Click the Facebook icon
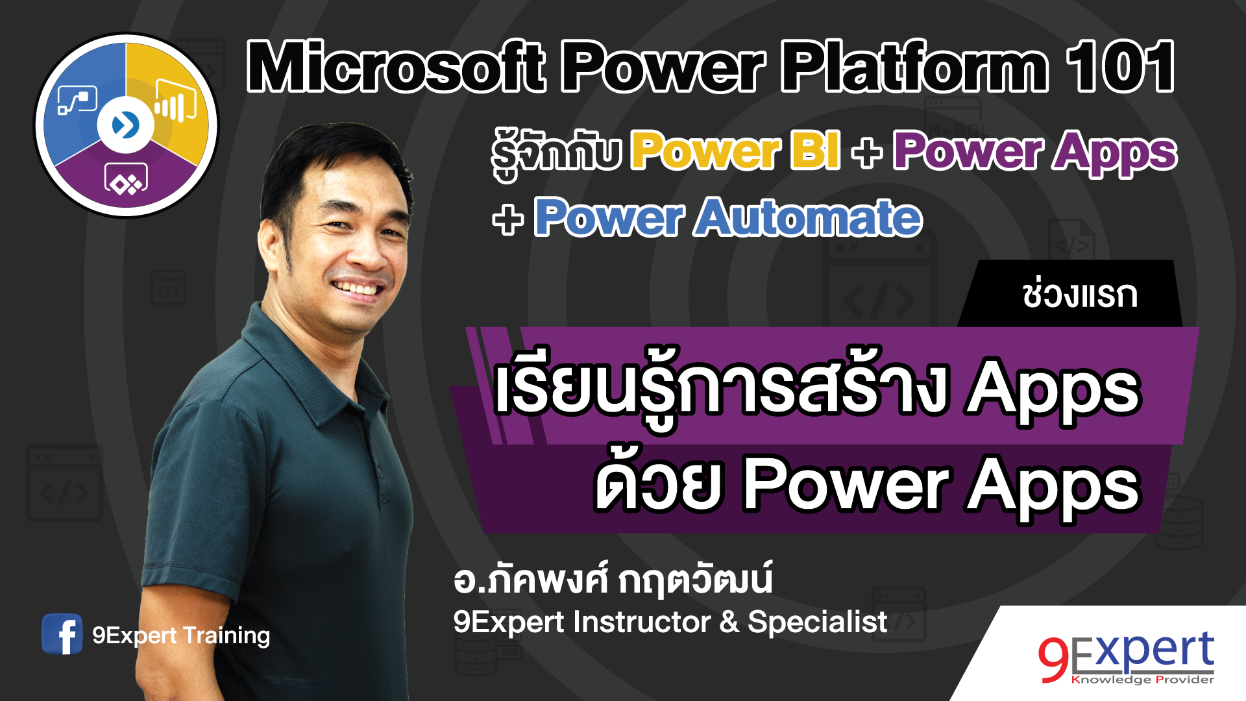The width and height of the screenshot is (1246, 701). coord(62,634)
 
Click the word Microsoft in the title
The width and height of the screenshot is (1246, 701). coord(396,66)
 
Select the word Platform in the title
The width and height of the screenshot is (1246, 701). coord(915,66)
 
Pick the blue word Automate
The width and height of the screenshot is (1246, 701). coord(809,217)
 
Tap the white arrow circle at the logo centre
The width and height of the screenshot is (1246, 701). coord(126,125)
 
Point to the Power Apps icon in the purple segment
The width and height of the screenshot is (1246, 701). coord(126,179)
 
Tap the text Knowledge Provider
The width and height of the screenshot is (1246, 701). coord(1142,680)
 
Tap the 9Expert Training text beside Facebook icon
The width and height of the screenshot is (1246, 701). coord(181,635)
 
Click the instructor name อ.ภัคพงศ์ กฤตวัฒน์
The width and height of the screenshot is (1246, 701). coord(613,580)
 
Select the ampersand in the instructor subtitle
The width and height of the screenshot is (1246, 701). coord(729,622)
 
